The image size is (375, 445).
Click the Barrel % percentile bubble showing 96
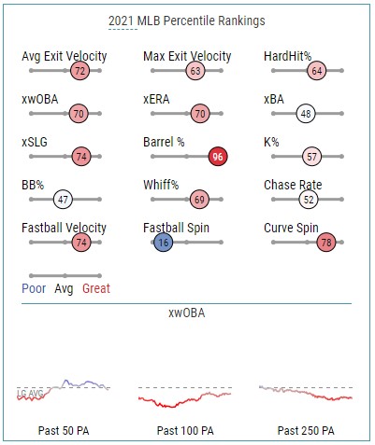[x=218, y=157]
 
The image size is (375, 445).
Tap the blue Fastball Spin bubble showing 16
[x=164, y=243]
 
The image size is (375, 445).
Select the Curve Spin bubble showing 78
[x=326, y=243]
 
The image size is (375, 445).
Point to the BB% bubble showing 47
[x=63, y=200]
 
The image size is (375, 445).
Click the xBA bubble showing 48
[x=306, y=114]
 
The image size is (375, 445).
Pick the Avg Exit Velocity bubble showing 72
[x=80, y=71]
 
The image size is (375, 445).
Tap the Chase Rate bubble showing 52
[x=309, y=200]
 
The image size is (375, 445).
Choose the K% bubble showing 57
[x=311, y=157]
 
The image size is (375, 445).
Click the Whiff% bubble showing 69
[x=199, y=200]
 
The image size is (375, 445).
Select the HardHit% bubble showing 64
[x=317, y=71]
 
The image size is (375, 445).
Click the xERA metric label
[x=156, y=99]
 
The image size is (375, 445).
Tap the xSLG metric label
[x=35, y=142]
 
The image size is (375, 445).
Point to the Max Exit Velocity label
[x=187, y=56]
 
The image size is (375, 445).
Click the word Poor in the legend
[x=34, y=288]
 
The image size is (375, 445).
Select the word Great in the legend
[x=96, y=288]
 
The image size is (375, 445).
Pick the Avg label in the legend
[x=64, y=289]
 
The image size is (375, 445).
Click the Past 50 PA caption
[x=64, y=431]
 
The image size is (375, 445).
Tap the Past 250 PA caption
[x=306, y=431]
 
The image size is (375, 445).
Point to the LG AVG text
[x=30, y=394]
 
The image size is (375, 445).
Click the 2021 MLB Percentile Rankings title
[x=187, y=21]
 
